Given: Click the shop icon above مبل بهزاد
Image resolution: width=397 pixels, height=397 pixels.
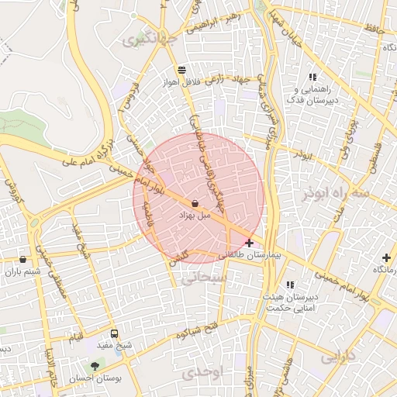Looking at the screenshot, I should pyautogui.click(x=194, y=204).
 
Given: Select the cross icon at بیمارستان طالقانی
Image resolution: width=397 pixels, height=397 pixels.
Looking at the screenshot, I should pyautogui.click(x=249, y=243).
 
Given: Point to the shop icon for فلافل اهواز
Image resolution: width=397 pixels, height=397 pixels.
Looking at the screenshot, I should pyautogui.click(x=181, y=69).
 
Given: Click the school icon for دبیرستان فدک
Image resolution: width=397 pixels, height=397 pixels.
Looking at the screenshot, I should pyautogui.click(x=312, y=77).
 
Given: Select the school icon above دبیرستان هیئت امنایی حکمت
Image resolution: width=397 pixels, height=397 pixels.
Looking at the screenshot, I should pyautogui.click(x=291, y=285).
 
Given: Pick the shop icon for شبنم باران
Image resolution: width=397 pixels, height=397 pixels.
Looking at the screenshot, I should pyautogui.click(x=22, y=260).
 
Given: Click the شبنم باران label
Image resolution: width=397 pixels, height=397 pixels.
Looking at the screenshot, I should pyautogui.click(x=22, y=271).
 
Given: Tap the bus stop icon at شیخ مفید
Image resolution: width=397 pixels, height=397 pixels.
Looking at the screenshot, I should pyautogui.click(x=115, y=333).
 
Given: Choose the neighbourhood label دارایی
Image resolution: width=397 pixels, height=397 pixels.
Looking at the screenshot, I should pyautogui.click(x=337, y=358).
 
